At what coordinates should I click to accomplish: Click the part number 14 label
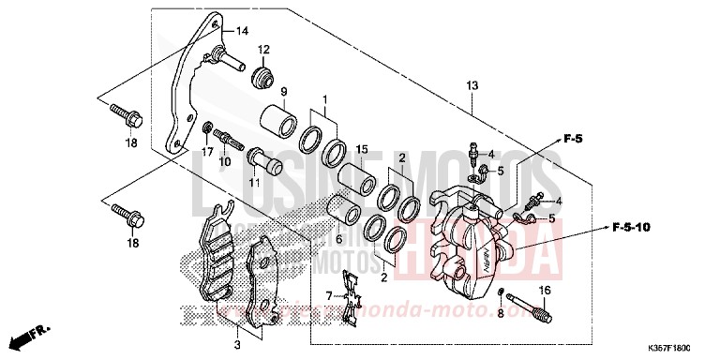242,31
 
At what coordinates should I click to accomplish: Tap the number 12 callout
264,49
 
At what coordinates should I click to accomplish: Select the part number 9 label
282,91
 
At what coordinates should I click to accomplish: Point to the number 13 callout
472,85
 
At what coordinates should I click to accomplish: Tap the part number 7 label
329,295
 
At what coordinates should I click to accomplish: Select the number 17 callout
207,151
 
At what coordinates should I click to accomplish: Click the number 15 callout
361,149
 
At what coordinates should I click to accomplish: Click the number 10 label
225,161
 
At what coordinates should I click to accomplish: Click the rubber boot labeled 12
263,72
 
